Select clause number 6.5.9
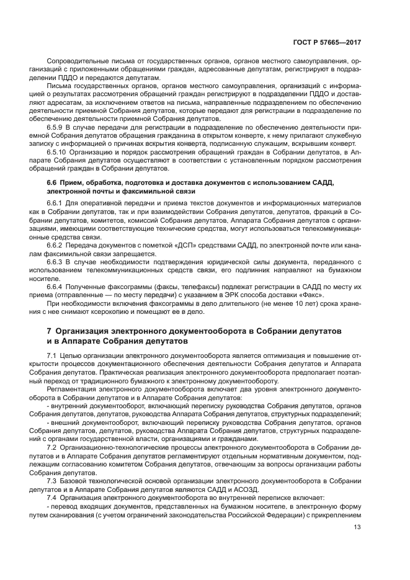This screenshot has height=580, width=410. click(x=56, y=127)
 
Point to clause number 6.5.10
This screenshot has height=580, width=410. click(x=58, y=151)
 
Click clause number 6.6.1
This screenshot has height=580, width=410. click(x=56, y=203)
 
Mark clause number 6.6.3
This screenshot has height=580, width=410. click(x=56, y=263)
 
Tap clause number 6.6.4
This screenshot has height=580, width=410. click(x=56, y=287)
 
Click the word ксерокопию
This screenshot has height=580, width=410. click(x=113, y=313)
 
